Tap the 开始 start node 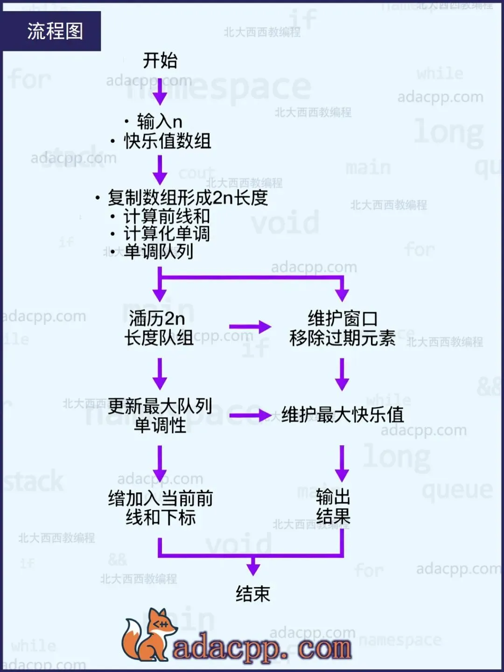click(160, 61)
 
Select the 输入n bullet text click(159, 122)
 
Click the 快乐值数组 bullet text click(167, 141)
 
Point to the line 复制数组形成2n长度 click(188, 197)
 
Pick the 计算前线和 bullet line click(166, 216)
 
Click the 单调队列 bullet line click(158, 252)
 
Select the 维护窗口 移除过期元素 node click(342, 328)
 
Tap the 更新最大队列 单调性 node click(160, 415)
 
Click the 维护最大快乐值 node click(343, 414)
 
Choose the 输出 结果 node click(333, 507)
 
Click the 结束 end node click(253, 594)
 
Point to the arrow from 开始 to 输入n click(160, 91)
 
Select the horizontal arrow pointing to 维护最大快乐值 click(250, 415)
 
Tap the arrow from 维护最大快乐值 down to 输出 click(342, 463)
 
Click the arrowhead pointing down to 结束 click(253, 568)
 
